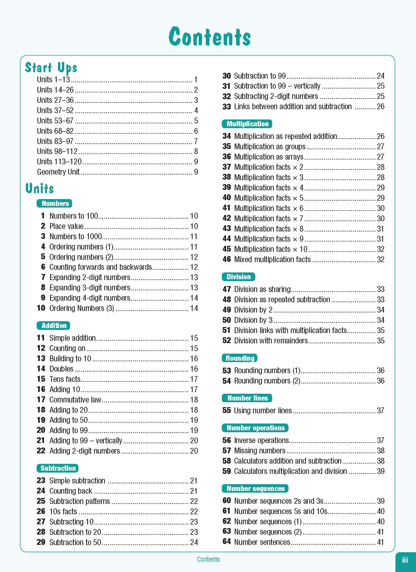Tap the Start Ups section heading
point(51,68)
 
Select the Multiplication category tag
point(247,124)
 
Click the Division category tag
point(238,277)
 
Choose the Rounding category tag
point(240,358)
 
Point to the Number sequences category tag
point(255,488)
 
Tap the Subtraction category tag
point(58,468)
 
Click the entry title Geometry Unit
point(58,172)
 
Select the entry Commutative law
point(75,400)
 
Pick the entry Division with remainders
point(271,340)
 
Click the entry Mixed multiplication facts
point(272,259)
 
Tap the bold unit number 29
point(41,542)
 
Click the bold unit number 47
point(227,289)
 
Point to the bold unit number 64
point(227,542)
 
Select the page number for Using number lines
point(380,410)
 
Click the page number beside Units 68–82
point(196,131)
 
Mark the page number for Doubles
point(194,369)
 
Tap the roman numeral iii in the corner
point(405,560)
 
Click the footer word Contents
point(208,559)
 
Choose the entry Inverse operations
point(261,440)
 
